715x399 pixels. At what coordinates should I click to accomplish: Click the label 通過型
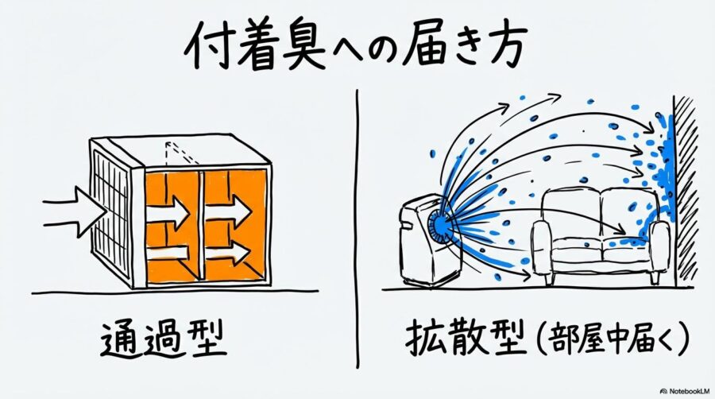(x=164, y=339)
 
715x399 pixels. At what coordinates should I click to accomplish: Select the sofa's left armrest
(x=542, y=246)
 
